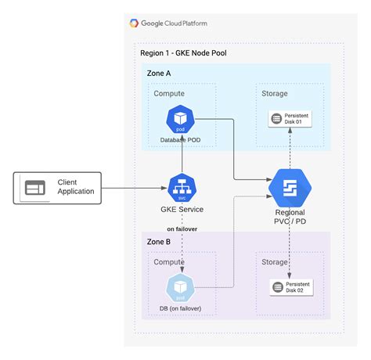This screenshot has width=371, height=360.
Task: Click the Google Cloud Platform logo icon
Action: (135, 23)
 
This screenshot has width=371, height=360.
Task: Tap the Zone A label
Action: (159, 73)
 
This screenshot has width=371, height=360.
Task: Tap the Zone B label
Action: (159, 241)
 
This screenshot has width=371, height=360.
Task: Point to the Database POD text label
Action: (181, 139)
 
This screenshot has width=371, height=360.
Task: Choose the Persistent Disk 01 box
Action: (291, 118)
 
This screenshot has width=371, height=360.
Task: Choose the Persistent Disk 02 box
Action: (291, 286)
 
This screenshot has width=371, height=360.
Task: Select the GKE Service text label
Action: (182, 210)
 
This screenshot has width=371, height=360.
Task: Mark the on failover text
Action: (182, 228)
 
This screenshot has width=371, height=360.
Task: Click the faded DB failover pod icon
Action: (182, 287)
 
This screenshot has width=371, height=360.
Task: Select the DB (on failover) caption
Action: (181, 309)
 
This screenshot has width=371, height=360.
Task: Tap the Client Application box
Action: (58, 187)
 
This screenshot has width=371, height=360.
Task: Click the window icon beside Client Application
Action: (35, 187)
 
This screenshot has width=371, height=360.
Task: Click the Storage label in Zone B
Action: (275, 262)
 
